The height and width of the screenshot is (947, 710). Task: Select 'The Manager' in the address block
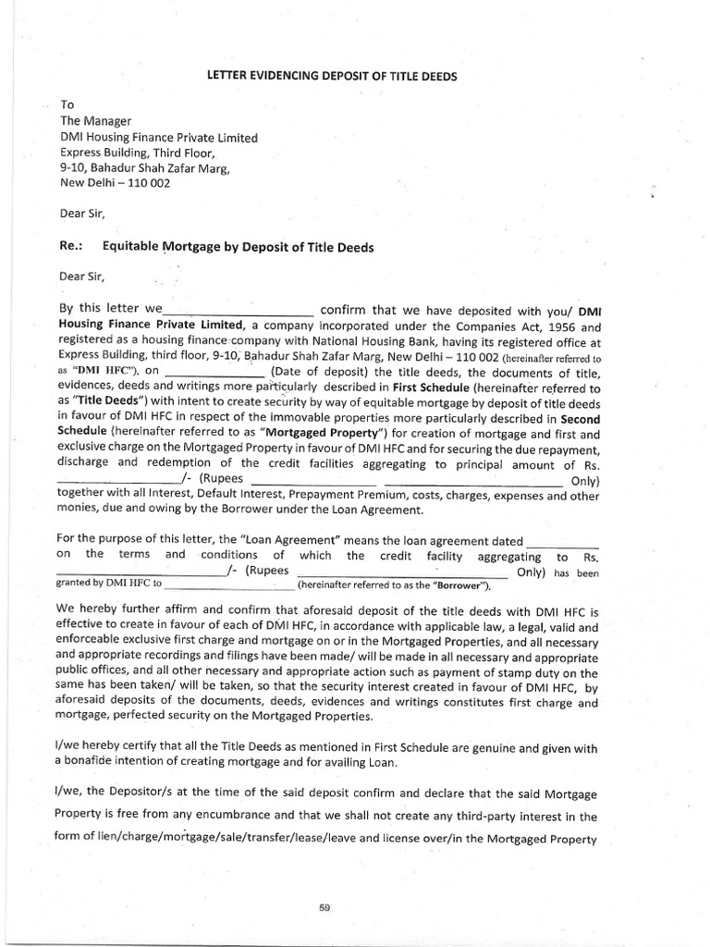pyautogui.click(x=96, y=121)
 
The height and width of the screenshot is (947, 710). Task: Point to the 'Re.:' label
pyautogui.click(x=72, y=247)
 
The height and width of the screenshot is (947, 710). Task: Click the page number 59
pyautogui.click(x=324, y=907)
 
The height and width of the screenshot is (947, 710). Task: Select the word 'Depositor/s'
pyautogui.click(x=151, y=793)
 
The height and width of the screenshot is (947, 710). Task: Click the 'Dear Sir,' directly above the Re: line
pyautogui.click(x=82, y=214)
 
